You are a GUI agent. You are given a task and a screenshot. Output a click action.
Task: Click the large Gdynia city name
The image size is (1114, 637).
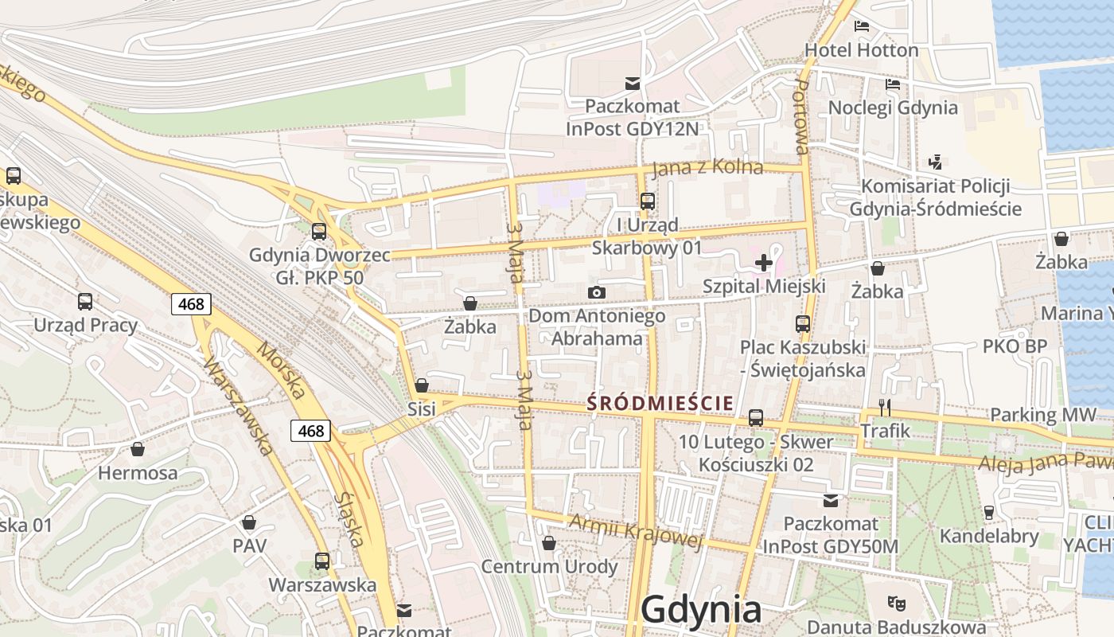[x=700, y=610]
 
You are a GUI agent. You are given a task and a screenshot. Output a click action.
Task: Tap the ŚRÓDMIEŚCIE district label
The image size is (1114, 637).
[x=660, y=403]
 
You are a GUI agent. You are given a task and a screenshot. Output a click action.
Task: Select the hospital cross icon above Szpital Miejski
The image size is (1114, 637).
[x=764, y=262]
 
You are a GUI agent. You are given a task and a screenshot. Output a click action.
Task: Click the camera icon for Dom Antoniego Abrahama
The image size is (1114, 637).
[x=597, y=292]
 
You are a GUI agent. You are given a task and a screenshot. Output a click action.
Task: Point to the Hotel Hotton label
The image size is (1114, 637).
[x=861, y=50]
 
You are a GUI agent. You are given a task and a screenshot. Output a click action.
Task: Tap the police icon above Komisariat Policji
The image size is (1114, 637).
[x=936, y=162]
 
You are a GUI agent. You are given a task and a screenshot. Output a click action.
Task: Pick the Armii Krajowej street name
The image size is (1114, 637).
[x=636, y=531]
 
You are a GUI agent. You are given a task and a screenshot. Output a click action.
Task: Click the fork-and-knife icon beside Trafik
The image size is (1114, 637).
[x=885, y=407]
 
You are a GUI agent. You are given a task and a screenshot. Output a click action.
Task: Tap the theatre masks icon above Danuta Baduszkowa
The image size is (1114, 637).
[x=896, y=603]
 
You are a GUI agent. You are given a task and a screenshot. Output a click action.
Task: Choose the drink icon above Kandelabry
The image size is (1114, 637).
[x=989, y=512]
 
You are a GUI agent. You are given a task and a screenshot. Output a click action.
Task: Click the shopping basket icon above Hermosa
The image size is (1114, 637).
[x=138, y=449]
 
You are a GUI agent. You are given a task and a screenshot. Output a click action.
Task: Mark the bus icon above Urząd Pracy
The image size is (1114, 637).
[x=85, y=302]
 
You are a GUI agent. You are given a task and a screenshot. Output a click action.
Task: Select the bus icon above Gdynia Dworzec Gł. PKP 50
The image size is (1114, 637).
[x=319, y=232]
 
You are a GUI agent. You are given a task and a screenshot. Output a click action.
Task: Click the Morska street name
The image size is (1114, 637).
[x=281, y=371]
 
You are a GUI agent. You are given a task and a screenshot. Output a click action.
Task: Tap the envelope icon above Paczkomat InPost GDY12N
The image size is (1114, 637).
[x=633, y=83]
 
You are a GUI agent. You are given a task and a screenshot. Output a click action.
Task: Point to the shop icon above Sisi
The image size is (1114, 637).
[x=422, y=385]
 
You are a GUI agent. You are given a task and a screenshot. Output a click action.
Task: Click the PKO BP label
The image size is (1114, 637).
[x=1015, y=346]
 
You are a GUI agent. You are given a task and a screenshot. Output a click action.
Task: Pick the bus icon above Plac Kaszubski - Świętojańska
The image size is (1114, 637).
[x=802, y=324]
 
